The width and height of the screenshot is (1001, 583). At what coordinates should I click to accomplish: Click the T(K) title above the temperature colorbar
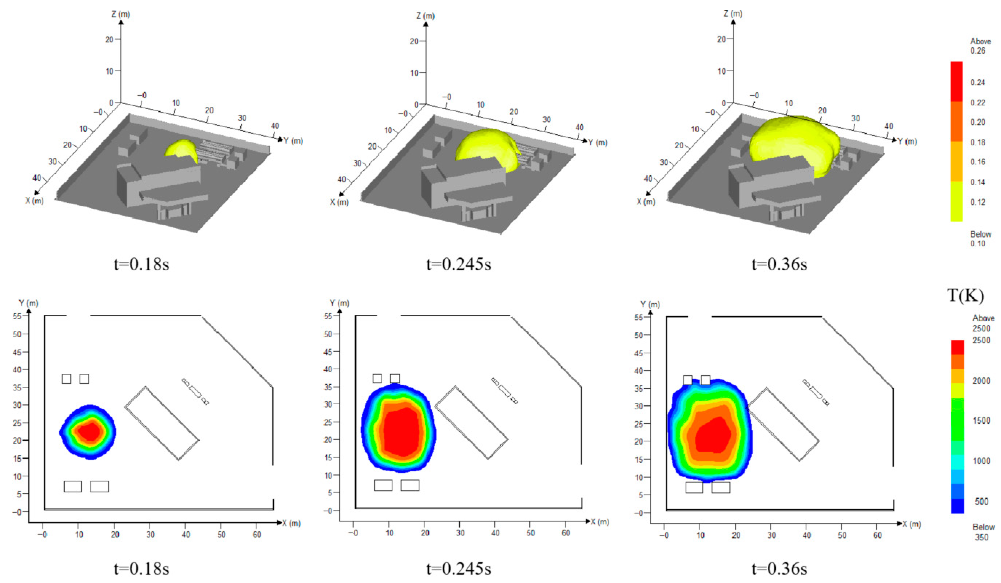tap(965, 296)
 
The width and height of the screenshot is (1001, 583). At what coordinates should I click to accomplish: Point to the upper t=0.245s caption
tap(458, 264)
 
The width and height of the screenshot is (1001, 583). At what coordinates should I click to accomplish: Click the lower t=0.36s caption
tap(779, 569)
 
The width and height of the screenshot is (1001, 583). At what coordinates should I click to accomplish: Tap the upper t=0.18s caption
tap(141, 264)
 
